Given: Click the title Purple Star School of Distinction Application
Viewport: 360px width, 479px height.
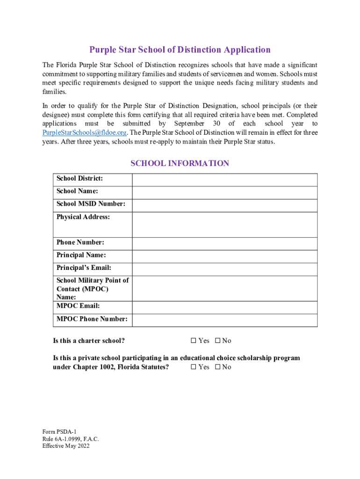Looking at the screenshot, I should pos(180,50).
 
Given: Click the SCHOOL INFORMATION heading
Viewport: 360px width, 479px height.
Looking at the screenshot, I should pos(180,163).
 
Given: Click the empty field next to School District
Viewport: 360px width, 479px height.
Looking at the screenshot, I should pos(225,180).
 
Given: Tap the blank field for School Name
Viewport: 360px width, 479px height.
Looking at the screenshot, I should pos(225,193).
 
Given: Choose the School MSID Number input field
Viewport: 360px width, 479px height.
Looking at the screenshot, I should pos(225,205).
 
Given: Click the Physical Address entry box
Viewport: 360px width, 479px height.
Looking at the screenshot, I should pos(225,224).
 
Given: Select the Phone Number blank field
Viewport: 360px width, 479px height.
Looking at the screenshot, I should pos(225,243).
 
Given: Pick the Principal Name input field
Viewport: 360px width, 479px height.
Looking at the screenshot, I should pos(225,256).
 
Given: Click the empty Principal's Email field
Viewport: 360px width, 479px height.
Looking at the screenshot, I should pos(225,269).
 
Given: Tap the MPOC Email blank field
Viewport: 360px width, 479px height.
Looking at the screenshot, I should pos(225,307).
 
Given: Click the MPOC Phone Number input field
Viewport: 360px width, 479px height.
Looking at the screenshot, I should pos(225,320).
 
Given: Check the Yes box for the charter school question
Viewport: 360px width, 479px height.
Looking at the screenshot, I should pos(194,341).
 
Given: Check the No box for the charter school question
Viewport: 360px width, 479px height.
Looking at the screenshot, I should pos(217,341).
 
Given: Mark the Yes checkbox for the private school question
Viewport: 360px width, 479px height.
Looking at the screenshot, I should pos(194,367).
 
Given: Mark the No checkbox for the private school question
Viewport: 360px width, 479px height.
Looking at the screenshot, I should pos(217,367).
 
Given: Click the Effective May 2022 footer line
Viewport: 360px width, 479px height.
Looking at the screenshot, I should pos(65,446).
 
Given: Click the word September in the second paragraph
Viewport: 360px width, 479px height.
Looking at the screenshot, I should pos(189,123).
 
